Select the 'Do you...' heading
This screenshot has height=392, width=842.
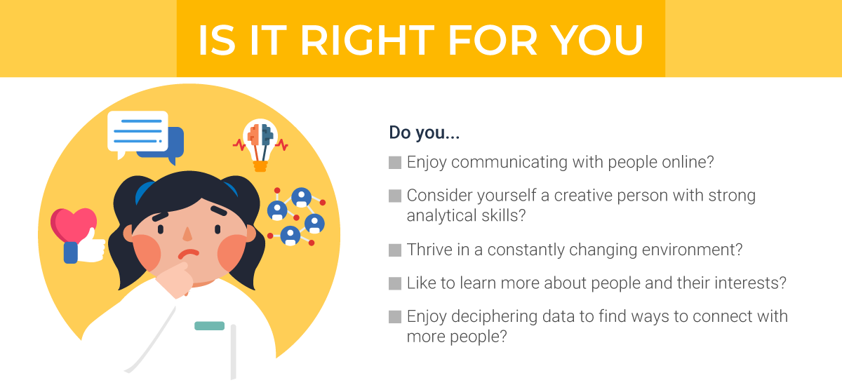pyautogui.click(x=424, y=132)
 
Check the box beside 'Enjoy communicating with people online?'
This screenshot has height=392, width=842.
pyautogui.click(x=395, y=163)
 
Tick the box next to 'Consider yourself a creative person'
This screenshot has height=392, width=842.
pyautogui.click(x=395, y=196)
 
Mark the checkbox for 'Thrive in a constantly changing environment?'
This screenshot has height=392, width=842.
pyautogui.click(x=395, y=250)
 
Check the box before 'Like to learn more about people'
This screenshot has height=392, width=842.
pyautogui.click(x=395, y=284)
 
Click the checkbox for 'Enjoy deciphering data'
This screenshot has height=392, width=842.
pyautogui.click(x=395, y=317)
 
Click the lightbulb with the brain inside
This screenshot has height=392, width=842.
pyautogui.click(x=261, y=144)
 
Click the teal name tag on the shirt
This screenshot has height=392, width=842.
pyautogui.click(x=209, y=325)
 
